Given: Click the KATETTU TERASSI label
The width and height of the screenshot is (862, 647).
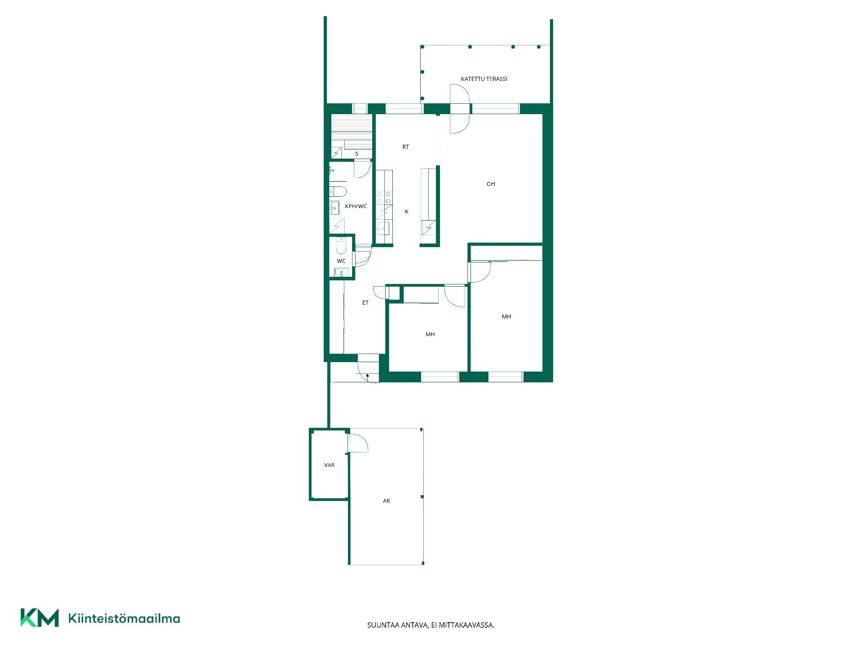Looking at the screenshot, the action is coord(484,79).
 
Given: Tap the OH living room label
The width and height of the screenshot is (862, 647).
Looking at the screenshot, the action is coord(491,184).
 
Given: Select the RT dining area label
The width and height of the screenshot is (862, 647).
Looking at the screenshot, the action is coord(405,147).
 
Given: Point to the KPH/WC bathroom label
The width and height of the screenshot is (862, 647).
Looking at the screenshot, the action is coord(356,206).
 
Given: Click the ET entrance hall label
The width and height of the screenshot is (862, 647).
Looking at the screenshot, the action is coord(365,303).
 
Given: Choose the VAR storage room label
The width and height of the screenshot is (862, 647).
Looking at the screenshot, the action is coord(329,465).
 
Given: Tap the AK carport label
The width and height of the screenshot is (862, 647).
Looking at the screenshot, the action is coord(387,501).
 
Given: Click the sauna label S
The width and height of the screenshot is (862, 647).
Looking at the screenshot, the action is coord(357,154).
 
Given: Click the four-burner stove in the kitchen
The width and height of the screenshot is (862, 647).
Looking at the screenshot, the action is coord(384,198).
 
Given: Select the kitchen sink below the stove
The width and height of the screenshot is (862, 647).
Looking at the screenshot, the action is coord(383,228).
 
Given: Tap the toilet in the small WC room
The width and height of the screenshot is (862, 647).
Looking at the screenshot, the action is coord(341,246).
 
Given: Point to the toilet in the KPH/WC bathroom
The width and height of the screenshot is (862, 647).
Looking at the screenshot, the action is coord(338,191).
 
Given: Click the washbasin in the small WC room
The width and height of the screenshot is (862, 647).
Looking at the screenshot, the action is coord(342,272).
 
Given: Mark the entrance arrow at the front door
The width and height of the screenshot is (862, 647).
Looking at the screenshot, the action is coord(368,378).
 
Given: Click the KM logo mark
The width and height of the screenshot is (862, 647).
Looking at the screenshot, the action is coord(40,618).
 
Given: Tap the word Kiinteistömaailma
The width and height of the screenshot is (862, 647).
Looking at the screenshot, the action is coord(124,618).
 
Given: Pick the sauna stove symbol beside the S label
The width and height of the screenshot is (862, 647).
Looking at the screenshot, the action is coord(336,152).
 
